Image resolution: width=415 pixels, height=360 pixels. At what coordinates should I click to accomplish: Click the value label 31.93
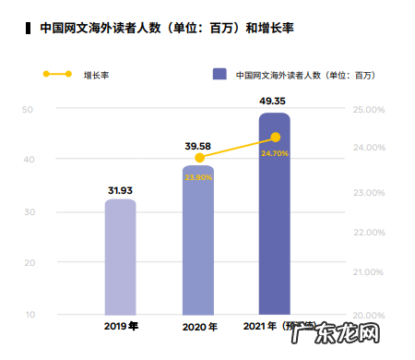point(120,191)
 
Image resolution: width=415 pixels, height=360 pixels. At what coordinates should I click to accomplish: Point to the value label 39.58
point(198,146)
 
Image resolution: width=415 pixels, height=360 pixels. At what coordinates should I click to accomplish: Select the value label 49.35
point(275,101)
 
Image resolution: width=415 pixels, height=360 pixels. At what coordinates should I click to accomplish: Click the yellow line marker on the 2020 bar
point(199,159)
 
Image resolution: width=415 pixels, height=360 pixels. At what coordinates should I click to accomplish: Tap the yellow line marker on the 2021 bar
point(275,137)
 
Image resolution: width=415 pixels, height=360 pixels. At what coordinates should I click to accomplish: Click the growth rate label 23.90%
point(199,176)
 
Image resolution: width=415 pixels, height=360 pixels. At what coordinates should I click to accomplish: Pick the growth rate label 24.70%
point(275,153)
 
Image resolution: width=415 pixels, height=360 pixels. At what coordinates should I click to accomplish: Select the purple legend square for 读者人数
point(219,73)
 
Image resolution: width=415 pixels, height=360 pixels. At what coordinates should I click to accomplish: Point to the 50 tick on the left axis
point(28,111)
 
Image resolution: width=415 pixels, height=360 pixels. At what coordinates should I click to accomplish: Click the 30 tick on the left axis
point(28,212)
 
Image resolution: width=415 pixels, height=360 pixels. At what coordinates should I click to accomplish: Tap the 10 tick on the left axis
point(28,315)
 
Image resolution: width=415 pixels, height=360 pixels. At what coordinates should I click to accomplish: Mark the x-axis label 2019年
point(121,328)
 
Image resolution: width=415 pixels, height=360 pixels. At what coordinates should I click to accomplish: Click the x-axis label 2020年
point(199,328)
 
